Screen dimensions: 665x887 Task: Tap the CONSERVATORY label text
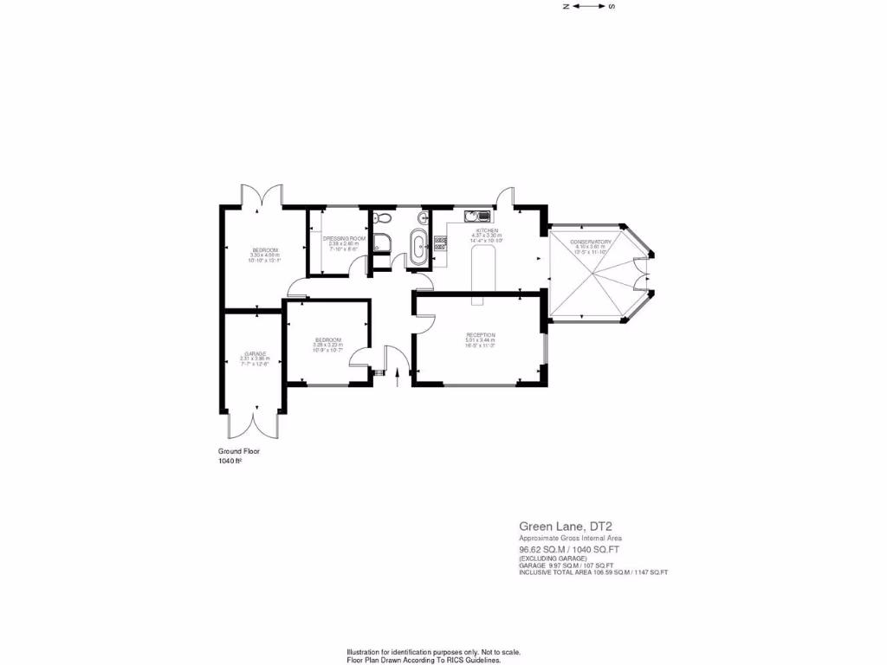593,241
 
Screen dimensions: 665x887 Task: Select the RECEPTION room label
481,334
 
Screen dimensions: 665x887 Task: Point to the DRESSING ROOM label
344,238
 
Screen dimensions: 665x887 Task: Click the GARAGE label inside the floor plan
255,353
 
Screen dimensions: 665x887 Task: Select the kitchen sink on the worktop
477,216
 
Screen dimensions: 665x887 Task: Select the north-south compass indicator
588,6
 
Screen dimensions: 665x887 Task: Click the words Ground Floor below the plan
238,451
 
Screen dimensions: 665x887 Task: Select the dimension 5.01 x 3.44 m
481,340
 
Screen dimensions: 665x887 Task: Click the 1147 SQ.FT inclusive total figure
648,572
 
